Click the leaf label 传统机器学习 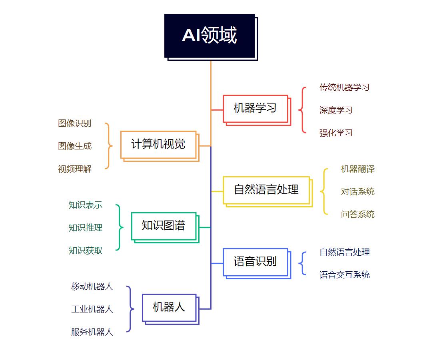[x=344, y=88]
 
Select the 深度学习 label [x=336, y=110]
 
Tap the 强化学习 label [x=336, y=133]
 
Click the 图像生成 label [x=75, y=146]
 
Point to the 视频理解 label [x=75, y=169]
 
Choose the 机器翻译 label [x=358, y=169]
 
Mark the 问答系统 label [x=358, y=214]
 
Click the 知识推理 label [x=86, y=228]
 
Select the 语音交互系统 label [x=345, y=274]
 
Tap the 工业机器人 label [x=92, y=309]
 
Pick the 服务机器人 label [x=92, y=332]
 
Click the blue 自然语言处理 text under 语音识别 [x=345, y=252]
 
